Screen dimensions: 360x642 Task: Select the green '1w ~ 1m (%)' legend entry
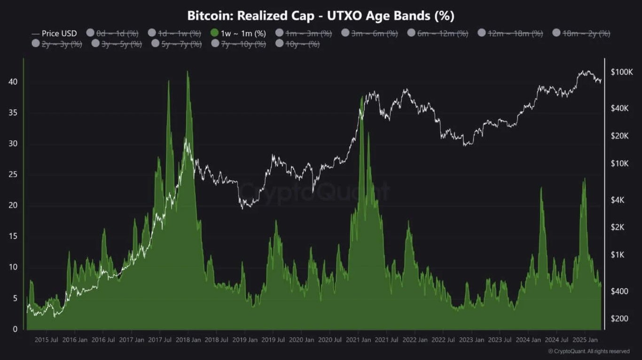click(x=238, y=33)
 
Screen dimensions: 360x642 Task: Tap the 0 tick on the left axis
click(x=15, y=329)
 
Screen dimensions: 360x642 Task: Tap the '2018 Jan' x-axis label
click(x=189, y=340)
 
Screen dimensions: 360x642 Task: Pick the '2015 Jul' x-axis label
click(x=47, y=340)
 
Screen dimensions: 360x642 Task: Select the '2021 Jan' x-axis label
click(x=360, y=340)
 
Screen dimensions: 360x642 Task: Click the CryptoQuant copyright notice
click(x=589, y=351)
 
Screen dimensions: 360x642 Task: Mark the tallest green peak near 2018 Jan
click(x=188, y=72)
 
